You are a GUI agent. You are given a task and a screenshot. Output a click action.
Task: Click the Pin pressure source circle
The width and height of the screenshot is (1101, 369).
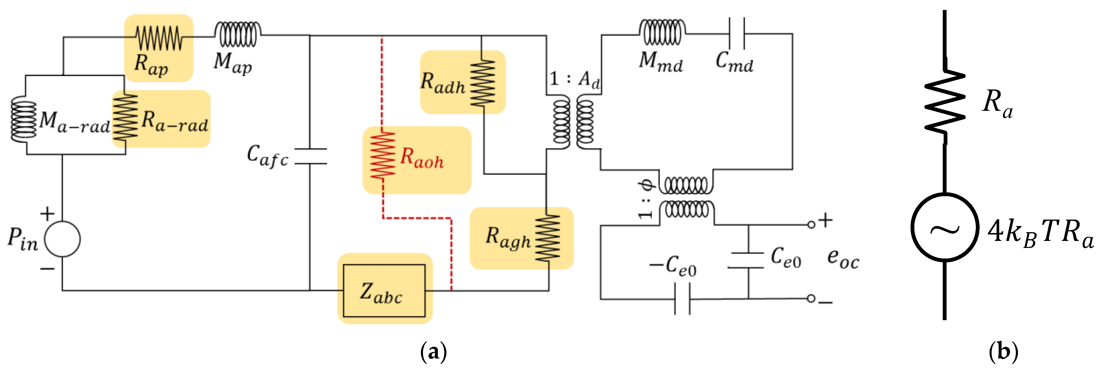click(x=62, y=239)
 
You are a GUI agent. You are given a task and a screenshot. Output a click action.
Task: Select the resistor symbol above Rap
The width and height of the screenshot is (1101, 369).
click(x=159, y=38)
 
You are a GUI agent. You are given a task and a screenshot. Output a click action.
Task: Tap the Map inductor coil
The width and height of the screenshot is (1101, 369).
click(x=237, y=34)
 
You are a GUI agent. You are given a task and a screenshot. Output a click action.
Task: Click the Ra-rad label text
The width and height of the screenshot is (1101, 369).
click(x=174, y=121)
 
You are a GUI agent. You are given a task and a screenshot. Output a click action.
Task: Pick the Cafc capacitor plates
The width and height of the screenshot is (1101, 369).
click(x=311, y=156)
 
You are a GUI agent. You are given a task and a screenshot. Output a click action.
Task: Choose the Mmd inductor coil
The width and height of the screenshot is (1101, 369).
click(x=662, y=32)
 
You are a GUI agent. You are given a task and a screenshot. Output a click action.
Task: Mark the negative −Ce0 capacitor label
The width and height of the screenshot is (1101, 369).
click(x=673, y=266)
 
